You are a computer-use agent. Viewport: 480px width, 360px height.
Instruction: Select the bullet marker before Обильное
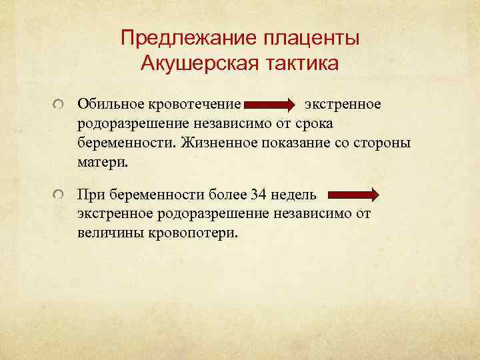[60, 105]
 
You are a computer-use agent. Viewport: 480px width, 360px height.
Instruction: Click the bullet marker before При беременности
[60, 195]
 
